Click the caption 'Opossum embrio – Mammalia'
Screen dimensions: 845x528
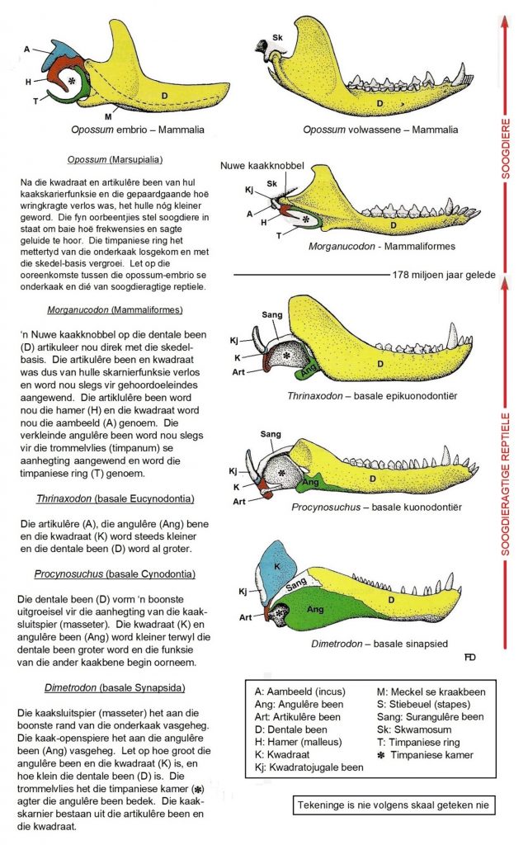(x=138, y=130)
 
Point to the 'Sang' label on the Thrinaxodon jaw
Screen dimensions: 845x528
(x=271, y=314)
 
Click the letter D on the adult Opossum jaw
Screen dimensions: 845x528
(x=379, y=103)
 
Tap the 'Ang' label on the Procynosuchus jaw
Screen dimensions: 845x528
(x=310, y=480)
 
